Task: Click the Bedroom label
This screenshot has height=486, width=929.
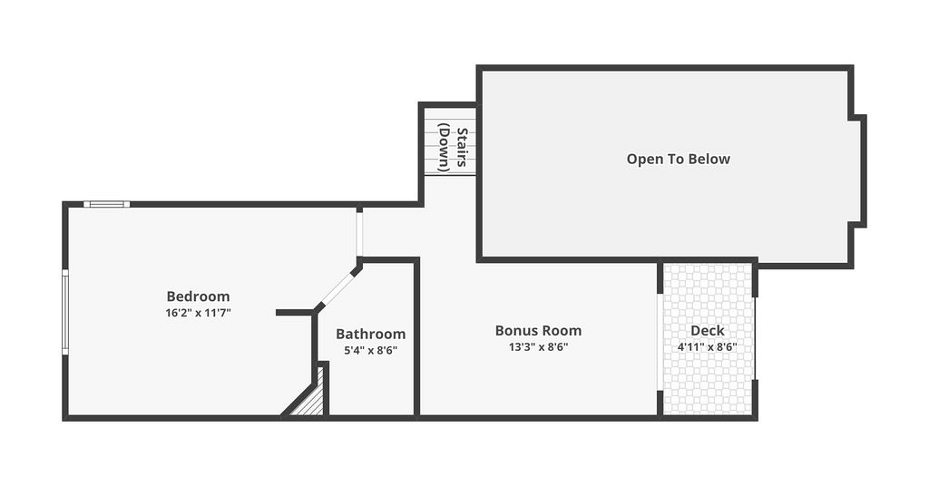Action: pos(198,296)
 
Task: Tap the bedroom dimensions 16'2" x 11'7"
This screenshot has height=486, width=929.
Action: pos(198,313)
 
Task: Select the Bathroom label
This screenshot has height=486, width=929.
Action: pos(371,334)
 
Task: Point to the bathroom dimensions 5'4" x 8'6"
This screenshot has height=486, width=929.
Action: pos(371,350)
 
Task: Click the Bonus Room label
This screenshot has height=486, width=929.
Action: pos(539,330)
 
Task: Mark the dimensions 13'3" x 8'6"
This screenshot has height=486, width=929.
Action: pos(539,347)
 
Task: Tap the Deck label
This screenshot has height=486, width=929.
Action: pos(708,330)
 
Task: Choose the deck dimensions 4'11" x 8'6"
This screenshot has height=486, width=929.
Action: pos(708,347)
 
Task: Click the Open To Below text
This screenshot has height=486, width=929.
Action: pos(679,159)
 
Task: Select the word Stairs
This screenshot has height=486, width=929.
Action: pos(463,147)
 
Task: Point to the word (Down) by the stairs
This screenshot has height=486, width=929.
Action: pos(445,147)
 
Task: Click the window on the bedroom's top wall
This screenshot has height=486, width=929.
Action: pos(107,204)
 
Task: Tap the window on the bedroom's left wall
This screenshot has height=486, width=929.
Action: pos(65,312)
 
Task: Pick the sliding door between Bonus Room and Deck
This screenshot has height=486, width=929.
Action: pos(660,342)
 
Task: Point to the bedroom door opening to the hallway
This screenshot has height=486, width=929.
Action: pos(359,234)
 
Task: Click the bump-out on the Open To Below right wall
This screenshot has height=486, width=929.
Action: pos(859,171)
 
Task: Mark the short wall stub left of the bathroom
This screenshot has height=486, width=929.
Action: pos(295,312)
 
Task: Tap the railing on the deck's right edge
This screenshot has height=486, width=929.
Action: pos(755,338)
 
